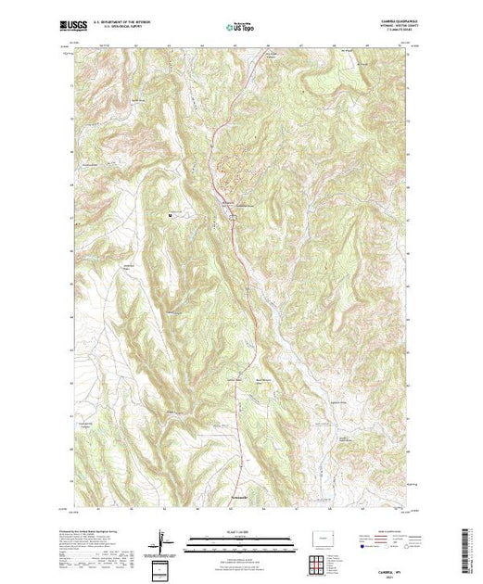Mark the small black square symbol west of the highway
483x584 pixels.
170,217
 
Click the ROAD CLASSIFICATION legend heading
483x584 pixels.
388,532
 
